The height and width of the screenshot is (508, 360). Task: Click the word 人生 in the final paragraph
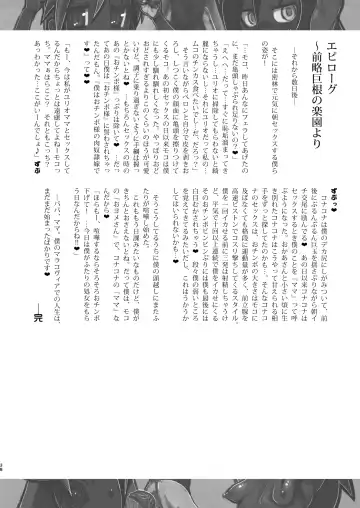point(67,384)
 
